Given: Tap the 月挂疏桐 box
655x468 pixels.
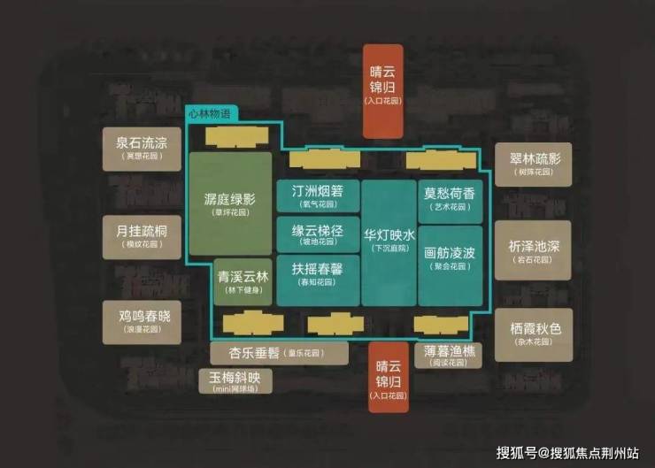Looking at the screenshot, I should click(141, 236).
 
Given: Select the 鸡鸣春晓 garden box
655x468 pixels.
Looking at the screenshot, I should click(141, 320).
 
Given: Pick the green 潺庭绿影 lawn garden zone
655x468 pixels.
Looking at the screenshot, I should click(229, 204).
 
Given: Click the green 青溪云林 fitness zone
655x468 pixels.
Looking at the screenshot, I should click(243, 281).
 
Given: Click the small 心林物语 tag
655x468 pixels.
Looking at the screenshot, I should click(212, 114).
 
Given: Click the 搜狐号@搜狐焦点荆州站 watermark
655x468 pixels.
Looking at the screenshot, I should click(566, 452).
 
